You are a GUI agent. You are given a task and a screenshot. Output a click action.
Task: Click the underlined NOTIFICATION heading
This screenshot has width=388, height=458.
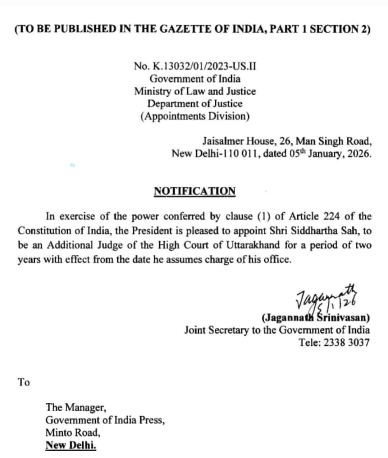click(x=195, y=191)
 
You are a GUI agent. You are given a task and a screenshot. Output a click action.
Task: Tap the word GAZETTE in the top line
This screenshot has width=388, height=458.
click(x=186, y=29)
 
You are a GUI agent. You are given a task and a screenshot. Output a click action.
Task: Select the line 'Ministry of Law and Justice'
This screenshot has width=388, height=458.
click(x=195, y=91)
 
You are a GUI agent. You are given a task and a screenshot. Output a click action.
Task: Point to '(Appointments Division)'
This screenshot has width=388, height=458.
click(x=195, y=116)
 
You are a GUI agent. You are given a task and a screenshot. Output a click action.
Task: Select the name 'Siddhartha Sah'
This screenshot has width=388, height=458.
click(x=324, y=230)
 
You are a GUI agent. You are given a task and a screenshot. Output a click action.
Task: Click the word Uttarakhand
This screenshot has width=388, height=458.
click(x=253, y=245)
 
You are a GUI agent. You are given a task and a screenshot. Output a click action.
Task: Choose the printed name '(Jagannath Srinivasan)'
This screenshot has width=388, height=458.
click(x=315, y=318)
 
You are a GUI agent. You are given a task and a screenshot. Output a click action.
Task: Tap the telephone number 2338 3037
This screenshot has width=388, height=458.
click(x=346, y=342)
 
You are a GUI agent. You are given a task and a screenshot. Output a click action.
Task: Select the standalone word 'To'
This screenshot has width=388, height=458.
click(x=24, y=382)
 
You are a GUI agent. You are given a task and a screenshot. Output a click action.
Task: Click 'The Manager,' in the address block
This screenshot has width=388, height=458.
click(x=76, y=407)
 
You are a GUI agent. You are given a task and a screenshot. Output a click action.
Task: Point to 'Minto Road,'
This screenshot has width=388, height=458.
click(x=73, y=432)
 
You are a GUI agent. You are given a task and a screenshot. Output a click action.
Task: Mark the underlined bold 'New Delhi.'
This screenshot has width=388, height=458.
click(x=71, y=445)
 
